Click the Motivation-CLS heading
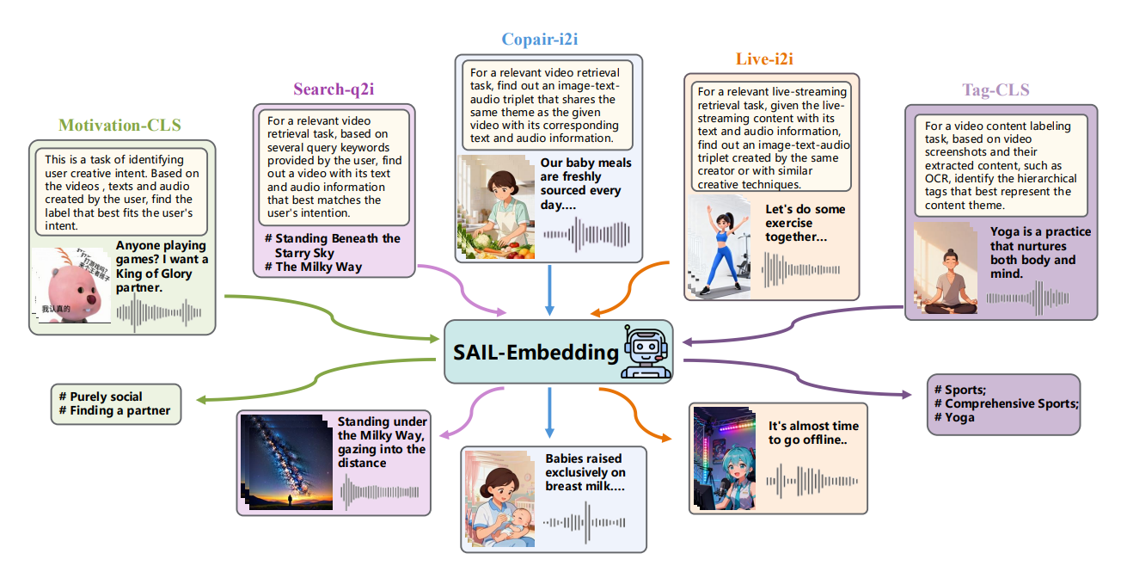pos(119,126)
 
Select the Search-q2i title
pos(334,89)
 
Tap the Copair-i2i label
pos(546,39)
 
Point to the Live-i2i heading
pos(764,59)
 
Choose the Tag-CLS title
pos(995,89)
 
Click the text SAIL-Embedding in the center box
pos(536,352)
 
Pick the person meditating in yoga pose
pos(948,268)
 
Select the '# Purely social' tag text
pos(101,397)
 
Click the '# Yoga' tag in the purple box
pos(959,417)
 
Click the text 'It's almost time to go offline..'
pos(813,433)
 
